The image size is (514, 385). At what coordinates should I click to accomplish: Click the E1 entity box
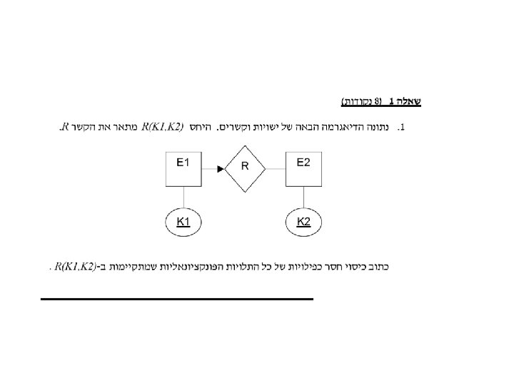183,169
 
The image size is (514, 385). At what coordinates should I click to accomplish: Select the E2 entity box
303,169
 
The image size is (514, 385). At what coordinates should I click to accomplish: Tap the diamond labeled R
244,168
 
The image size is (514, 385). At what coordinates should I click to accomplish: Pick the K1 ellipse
183,222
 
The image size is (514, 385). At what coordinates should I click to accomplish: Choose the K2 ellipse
303,222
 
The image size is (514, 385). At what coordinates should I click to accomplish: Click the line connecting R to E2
276,168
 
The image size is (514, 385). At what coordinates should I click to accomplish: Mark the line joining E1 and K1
183,197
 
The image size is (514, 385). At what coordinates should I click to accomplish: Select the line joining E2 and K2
303,197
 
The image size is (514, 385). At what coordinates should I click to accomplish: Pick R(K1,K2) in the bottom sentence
75,267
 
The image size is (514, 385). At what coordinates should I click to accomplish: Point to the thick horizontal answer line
177,299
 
